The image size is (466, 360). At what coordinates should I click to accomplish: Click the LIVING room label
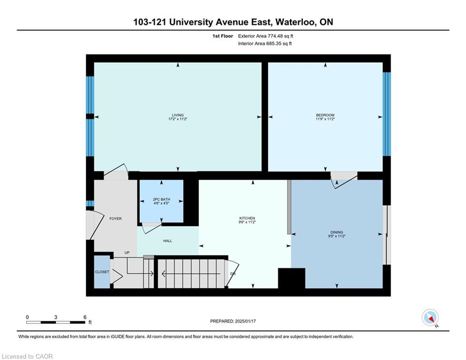pyautogui.click(x=178, y=115)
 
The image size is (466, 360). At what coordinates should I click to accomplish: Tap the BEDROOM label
pyautogui.click(x=325, y=115)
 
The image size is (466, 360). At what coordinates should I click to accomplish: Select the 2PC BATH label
pyautogui.click(x=162, y=199)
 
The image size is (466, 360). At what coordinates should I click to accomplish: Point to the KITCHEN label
pyautogui.click(x=247, y=218)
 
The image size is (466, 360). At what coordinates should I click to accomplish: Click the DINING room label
pyautogui.click(x=337, y=232)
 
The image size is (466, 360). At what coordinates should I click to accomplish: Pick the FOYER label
pyautogui.click(x=115, y=218)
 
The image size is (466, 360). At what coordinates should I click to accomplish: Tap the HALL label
pyautogui.click(x=168, y=240)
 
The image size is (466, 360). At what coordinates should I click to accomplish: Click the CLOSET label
pyautogui.click(x=102, y=272)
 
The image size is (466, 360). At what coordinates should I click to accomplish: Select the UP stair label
pyautogui.click(x=127, y=253)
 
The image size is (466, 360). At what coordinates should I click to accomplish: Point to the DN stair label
pyautogui.click(x=233, y=274)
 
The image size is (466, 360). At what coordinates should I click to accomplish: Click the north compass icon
pyautogui.click(x=430, y=318)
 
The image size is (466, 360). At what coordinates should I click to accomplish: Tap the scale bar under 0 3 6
pyautogui.click(x=56, y=322)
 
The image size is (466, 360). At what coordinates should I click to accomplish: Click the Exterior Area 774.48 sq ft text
pyautogui.click(x=266, y=36)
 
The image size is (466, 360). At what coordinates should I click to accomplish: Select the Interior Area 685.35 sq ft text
pyautogui.click(x=265, y=44)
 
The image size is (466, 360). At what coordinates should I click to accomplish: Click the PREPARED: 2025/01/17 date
pyautogui.click(x=233, y=321)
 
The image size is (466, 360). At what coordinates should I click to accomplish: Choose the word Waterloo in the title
pyautogui.click(x=296, y=22)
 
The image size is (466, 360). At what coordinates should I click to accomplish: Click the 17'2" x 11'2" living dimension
pyautogui.click(x=178, y=119)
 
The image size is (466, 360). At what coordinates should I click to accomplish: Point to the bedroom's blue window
pyautogui.click(x=387, y=114)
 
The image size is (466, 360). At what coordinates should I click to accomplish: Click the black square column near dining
pyautogui.click(x=292, y=278)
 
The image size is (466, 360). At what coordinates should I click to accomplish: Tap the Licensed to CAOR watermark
pyautogui.click(x=27, y=356)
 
